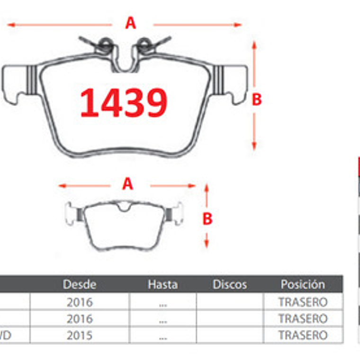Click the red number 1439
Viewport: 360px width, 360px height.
coord(124,103)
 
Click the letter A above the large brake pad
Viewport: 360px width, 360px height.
coord(130,23)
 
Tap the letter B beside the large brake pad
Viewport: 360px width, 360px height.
coord(256,99)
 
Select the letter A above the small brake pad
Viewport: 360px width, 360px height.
coord(127,184)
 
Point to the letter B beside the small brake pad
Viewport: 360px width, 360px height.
coord(207,219)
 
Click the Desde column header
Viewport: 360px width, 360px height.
coord(80,284)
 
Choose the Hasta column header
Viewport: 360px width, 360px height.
coord(162,284)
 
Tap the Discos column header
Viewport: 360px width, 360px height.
coord(230,284)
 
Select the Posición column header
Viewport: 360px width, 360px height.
coord(303,284)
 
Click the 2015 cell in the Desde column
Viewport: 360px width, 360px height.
coord(80,335)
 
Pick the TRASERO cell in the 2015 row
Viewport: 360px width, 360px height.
coord(303,335)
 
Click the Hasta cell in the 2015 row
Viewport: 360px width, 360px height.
coord(162,335)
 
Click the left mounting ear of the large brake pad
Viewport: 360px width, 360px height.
coord(15,84)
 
